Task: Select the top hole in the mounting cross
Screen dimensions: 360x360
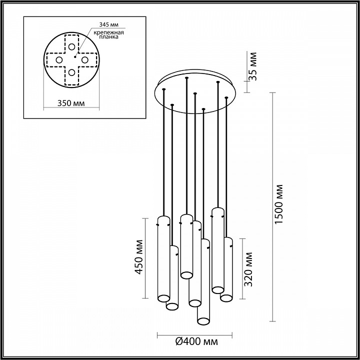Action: coord(72,46)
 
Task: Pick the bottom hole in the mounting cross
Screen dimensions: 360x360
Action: coord(72,73)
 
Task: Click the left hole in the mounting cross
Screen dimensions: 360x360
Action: coord(59,60)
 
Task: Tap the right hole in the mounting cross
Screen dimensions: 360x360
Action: coord(85,60)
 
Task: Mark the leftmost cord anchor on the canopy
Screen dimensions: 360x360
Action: coord(163,90)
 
